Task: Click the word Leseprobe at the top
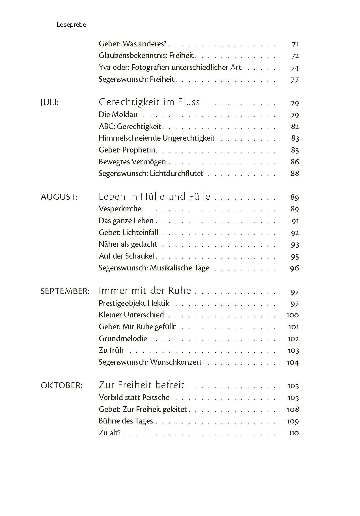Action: point(71,25)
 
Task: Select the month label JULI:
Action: point(49,103)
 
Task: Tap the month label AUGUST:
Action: point(59,197)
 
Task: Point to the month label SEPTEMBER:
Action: point(65,291)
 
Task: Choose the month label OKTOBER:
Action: point(61,385)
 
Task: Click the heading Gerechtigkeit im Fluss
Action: point(149,102)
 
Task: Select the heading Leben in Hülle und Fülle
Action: point(154,196)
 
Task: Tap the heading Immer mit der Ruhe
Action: point(145,291)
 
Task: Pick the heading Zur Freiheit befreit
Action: point(141,385)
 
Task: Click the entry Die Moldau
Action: point(118,115)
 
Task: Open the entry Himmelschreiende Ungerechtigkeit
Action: point(157,138)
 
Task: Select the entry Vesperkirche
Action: point(120,209)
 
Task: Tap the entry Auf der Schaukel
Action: point(126,256)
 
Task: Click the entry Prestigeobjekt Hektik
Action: point(134,303)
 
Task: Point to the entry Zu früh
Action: point(111,350)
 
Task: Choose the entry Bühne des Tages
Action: point(126,421)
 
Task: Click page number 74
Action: point(295,68)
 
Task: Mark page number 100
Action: point(292,315)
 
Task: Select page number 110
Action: point(293,433)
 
